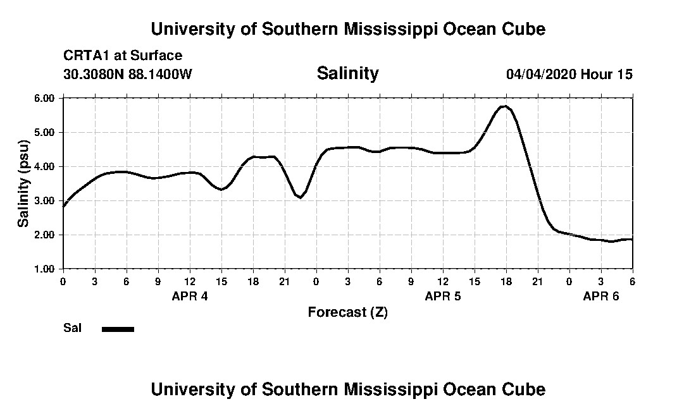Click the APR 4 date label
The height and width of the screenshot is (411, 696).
[190, 296]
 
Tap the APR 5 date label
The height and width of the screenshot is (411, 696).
[443, 296]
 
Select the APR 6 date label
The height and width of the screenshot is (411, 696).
[601, 296]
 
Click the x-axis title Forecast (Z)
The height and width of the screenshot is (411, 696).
[347, 312]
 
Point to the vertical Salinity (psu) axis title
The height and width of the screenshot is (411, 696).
[23, 183]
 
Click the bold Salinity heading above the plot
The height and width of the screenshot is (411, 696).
[347, 73]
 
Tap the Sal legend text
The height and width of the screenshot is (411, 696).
[73, 328]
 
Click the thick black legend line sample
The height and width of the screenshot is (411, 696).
[118, 329]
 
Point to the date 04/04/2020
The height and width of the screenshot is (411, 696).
[542, 74]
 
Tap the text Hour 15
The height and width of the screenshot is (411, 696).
[607, 74]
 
